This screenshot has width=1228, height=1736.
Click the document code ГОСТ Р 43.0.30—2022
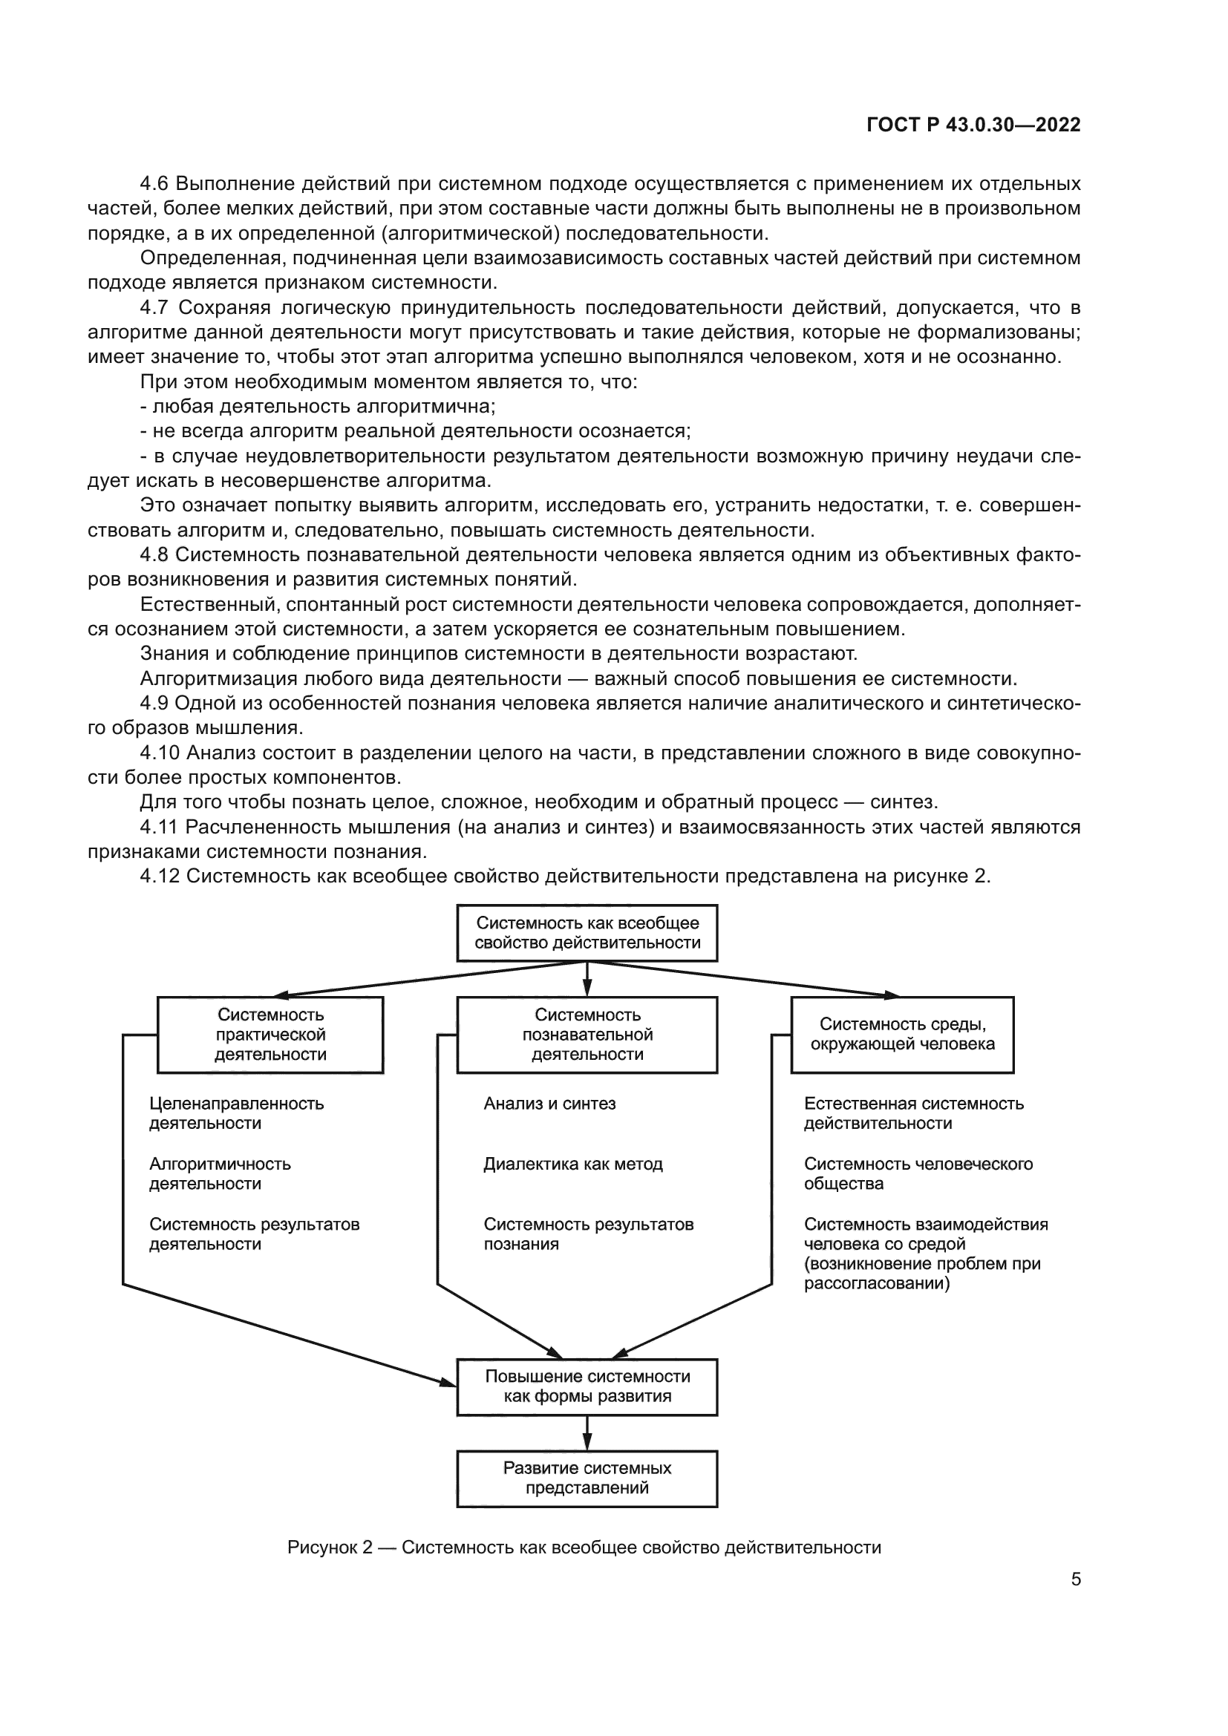click(x=973, y=125)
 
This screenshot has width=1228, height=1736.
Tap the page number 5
click(x=1076, y=1579)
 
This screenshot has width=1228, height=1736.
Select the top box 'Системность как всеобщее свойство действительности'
click(x=587, y=932)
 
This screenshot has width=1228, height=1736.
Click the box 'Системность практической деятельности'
click(x=270, y=1035)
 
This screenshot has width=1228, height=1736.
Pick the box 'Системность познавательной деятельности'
click(x=587, y=1035)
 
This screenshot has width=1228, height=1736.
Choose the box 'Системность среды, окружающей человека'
click(x=902, y=1035)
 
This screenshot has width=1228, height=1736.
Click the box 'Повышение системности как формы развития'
click(x=587, y=1386)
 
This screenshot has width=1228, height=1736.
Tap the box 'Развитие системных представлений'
click(x=587, y=1478)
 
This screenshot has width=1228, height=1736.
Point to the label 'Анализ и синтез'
click(x=549, y=1104)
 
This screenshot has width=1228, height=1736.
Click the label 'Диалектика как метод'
click(x=573, y=1165)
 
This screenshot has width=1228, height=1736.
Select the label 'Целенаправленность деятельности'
click(x=236, y=1114)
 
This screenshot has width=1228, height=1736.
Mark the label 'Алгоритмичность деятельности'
click(x=219, y=1174)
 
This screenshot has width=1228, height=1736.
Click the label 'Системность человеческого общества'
click(x=918, y=1174)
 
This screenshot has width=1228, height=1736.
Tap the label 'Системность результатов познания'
click(x=588, y=1235)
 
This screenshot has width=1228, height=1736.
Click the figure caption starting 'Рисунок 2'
click(x=584, y=1547)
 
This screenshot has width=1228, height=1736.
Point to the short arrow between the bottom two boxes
click(x=587, y=1432)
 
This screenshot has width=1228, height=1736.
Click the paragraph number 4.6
click(x=154, y=184)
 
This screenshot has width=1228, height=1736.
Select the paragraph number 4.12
click(x=160, y=877)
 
